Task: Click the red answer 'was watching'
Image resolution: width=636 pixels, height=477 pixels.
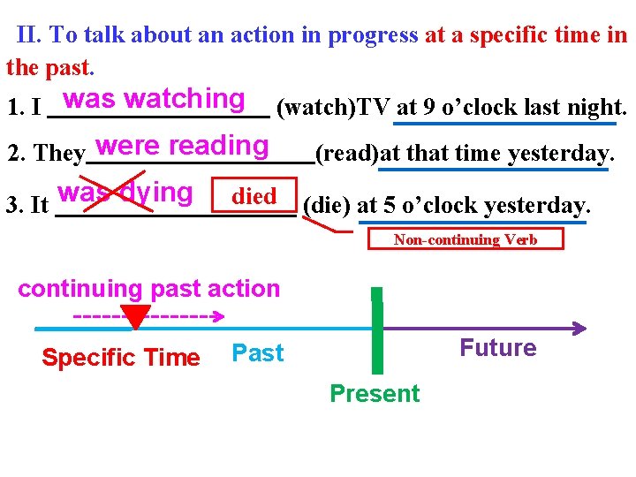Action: coord(154,98)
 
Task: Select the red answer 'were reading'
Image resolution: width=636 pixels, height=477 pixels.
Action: coord(183,145)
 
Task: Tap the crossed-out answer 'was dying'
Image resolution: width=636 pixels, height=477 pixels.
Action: coord(125,193)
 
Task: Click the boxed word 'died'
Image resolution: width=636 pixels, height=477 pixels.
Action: coord(254,196)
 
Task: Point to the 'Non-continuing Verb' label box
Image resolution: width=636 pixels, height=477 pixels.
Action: coord(465,239)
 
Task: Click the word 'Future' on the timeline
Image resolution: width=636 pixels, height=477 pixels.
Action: coord(498,348)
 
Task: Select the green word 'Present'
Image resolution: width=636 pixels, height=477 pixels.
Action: coord(375,393)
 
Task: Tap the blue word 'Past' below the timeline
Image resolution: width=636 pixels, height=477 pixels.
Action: coord(257,353)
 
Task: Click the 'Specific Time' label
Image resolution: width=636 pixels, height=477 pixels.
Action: coord(121,358)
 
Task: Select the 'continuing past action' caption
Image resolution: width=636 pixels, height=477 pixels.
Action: coord(148,289)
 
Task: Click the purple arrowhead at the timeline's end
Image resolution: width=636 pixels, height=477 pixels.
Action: coord(579,329)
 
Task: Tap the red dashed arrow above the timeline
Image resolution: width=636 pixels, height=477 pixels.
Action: coord(150,315)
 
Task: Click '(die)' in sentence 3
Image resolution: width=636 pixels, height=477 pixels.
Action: coord(326,206)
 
